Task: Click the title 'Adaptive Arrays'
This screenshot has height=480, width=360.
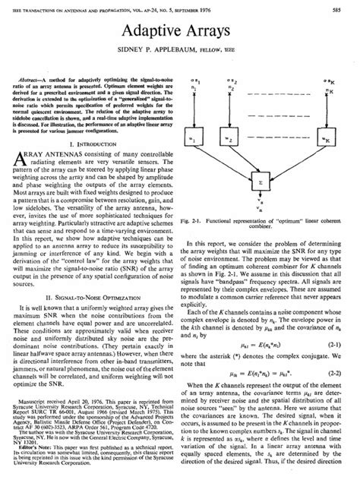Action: click(x=179, y=30)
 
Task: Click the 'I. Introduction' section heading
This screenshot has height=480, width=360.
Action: click(x=93, y=142)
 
